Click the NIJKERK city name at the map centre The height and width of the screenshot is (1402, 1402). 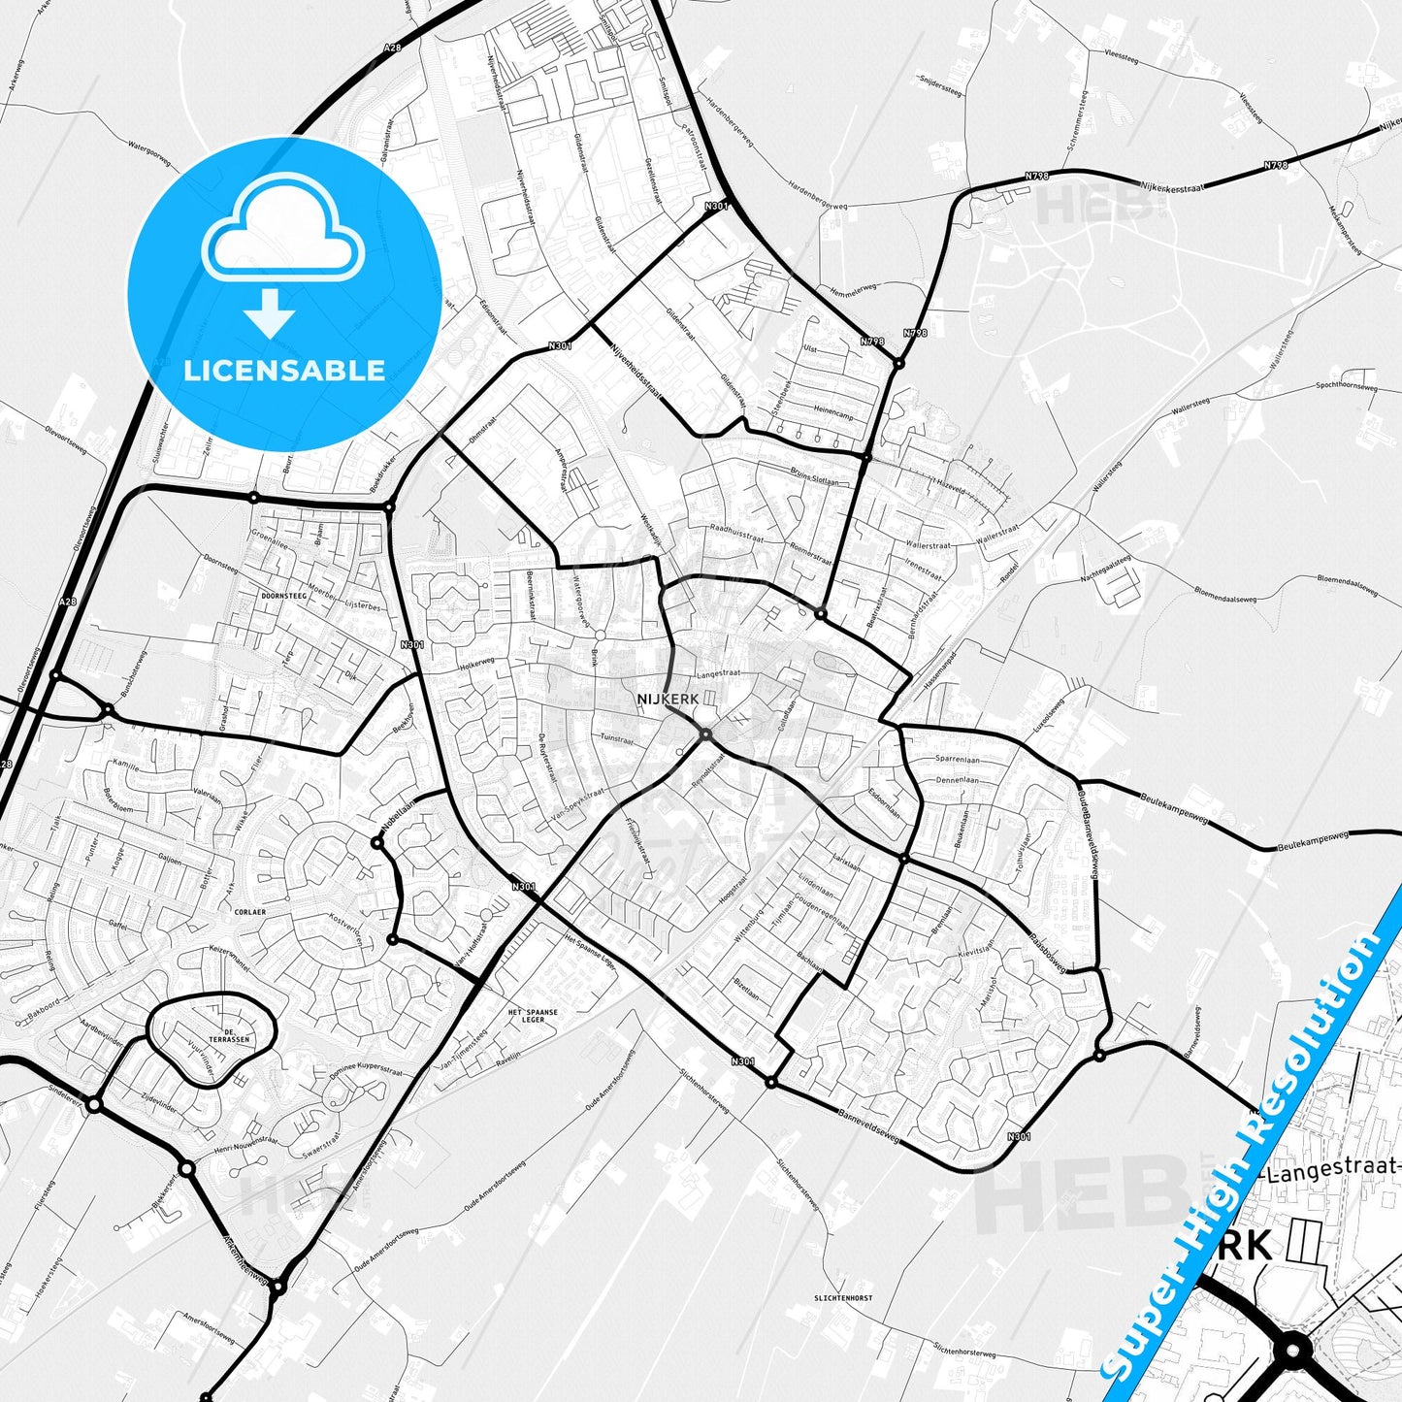(x=668, y=699)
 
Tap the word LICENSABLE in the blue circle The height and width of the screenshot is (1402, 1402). (x=284, y=371)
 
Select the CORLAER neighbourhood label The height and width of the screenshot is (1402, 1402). (x=249, y=912)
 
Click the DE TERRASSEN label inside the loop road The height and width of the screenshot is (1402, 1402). (x=236, y=1035)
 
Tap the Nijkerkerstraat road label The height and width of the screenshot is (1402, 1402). (x=1171, y=186)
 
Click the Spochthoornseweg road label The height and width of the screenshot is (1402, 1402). (x=1346, y=386)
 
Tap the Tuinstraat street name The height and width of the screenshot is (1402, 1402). (x=616, y=738)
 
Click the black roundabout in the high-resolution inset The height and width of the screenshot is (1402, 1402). (x=1291, y=1350)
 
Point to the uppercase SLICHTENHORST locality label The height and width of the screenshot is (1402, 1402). (x=844, y=1297)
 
